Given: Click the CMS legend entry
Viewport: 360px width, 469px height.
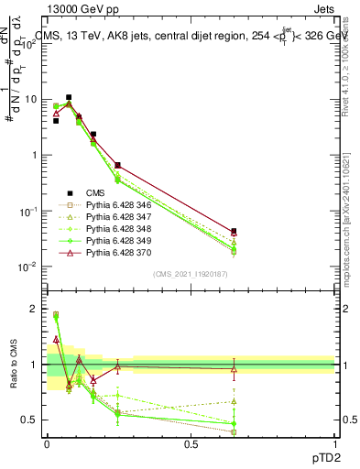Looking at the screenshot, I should [95, 192].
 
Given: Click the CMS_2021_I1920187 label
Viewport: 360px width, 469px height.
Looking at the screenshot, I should [191, 274].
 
